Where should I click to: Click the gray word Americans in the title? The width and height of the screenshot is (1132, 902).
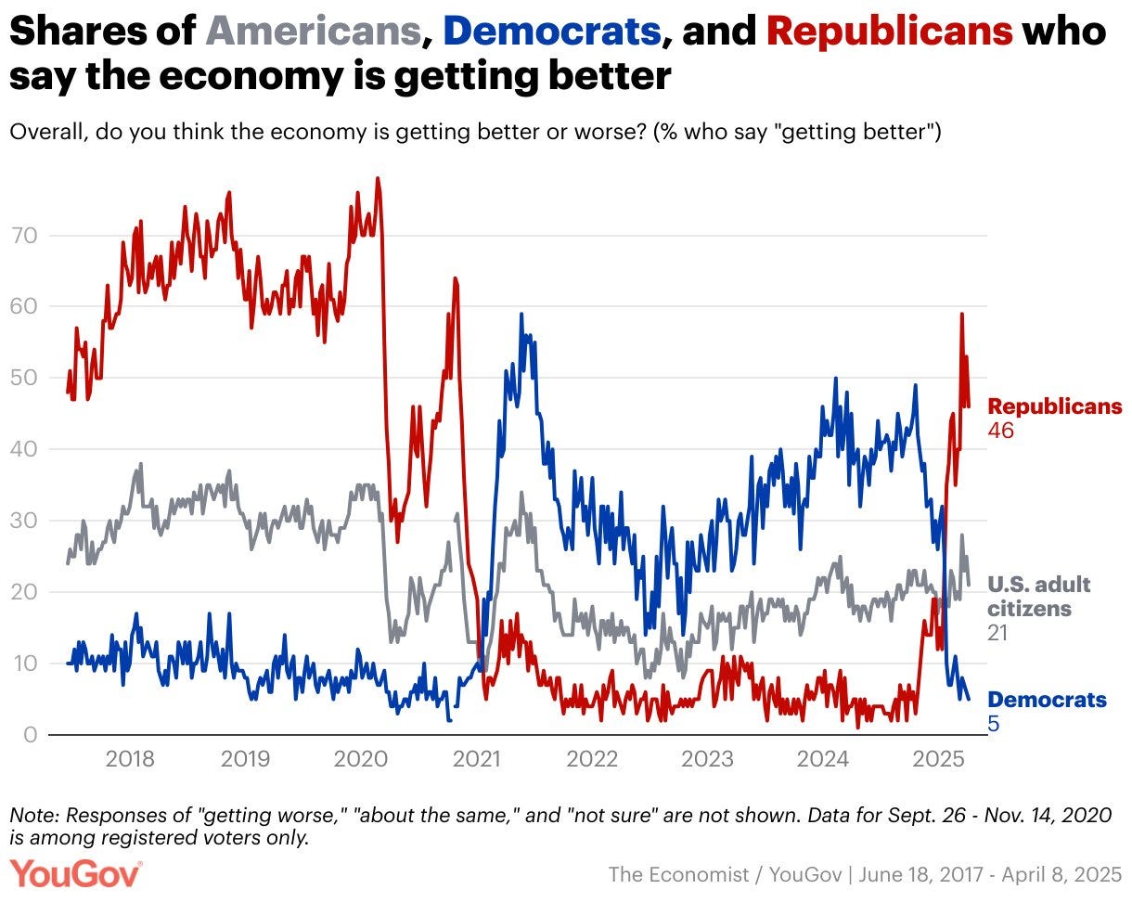(313, 32)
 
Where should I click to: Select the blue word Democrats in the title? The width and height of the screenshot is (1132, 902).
(552, 32)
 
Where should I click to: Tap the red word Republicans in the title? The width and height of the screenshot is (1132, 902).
(889, 32)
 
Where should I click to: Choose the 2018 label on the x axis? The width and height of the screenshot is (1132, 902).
(130, 760)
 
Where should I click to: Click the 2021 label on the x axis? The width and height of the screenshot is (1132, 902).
(477, 760)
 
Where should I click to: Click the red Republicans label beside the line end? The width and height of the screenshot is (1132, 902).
(1054, 406)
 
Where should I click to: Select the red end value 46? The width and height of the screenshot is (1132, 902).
(1001, 431)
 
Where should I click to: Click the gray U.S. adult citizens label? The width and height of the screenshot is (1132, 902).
(1038, 597)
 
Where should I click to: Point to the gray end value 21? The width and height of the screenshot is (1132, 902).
(997, 633)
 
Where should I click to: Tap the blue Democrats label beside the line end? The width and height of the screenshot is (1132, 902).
(1047, 700)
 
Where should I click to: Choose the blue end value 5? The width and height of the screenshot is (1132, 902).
(993, 724)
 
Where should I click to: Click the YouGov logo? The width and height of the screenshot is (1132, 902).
(76, 873)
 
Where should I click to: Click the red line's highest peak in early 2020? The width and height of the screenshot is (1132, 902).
(378, 178)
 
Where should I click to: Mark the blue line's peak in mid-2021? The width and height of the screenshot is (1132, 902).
(521, 314)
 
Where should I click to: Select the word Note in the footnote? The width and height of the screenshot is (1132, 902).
(30, 815)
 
